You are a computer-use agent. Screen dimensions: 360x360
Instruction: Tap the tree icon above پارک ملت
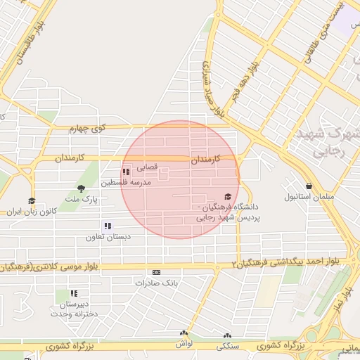(x=81, y=188)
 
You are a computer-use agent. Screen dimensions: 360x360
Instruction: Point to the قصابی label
(x=147, y=168)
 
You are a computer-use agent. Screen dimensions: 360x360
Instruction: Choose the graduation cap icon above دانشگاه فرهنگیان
(x=226, y=198)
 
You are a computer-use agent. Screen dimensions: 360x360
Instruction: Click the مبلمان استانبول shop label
(x=307, y=197)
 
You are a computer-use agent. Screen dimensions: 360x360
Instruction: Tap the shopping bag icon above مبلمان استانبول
(x=291, y=186)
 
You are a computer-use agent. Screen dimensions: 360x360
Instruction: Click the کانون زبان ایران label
(x=31, y=211)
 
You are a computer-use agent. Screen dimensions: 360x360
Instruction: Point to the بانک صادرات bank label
(x=156, y=283)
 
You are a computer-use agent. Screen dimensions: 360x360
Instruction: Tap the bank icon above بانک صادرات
(x=156, y=272)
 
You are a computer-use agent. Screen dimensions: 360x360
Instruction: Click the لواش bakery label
(x=184, y=343)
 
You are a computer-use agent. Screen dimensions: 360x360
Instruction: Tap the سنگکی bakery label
(x=228, y=347)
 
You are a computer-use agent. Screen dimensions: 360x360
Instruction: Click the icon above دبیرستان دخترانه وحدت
(x=74, y=292)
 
